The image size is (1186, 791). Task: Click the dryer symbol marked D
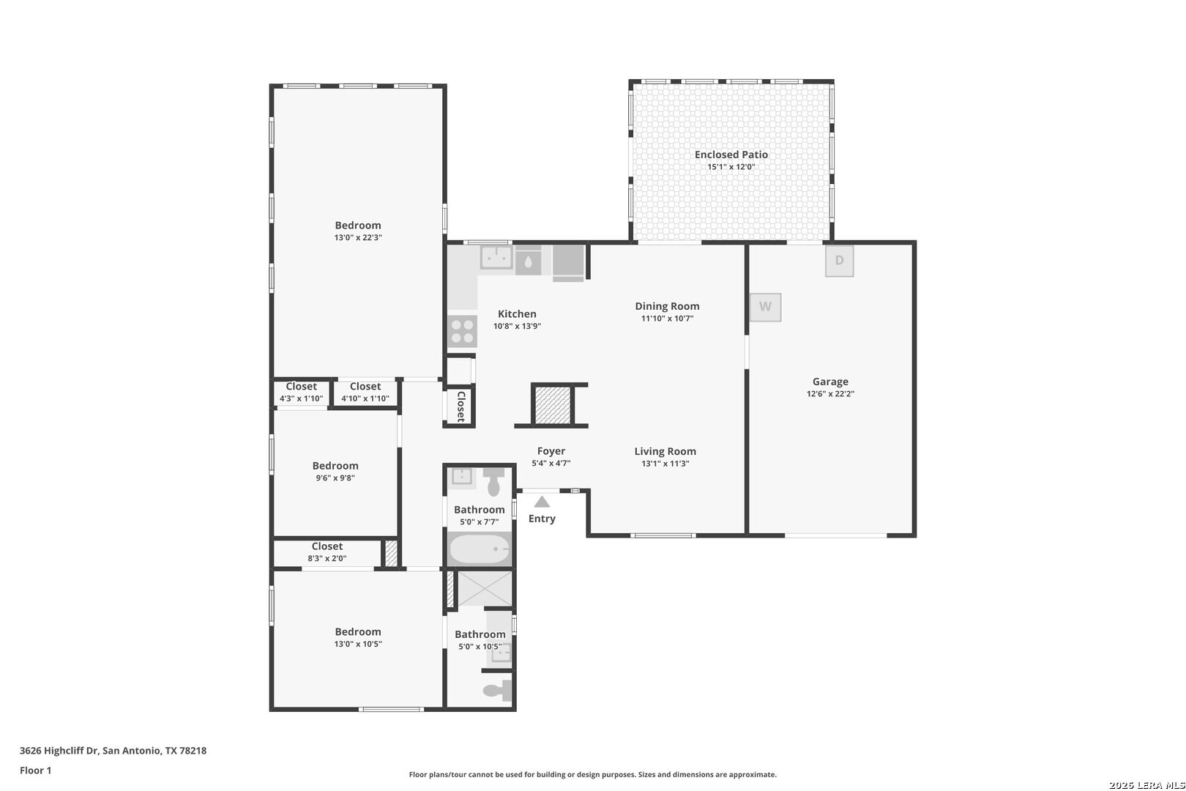[839, 261]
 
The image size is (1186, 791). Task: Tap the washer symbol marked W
[765, 307]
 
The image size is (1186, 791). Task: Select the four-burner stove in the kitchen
[462, 331]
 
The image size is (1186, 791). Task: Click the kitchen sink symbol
[496, 258]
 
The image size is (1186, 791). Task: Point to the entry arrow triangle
[542, 502]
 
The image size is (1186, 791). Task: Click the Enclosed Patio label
[731, 155]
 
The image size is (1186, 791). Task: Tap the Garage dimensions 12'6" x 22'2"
[830, 393]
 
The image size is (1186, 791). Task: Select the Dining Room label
[667, 306]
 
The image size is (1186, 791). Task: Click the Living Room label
[665, 451]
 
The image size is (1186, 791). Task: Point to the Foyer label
[551, 451]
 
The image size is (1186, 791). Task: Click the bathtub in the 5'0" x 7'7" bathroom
[480, 549]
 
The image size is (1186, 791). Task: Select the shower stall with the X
[485, 588]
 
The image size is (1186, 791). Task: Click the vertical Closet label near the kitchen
[460, 406]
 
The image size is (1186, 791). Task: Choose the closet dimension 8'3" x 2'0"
[327, 558]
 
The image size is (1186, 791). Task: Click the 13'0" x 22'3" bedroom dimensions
[358, 237]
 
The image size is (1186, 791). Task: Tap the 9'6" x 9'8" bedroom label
[335, 466]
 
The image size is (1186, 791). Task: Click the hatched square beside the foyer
[552, 406]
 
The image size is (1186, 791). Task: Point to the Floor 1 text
[35, 770]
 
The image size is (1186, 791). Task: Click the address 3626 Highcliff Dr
[59, 751]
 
